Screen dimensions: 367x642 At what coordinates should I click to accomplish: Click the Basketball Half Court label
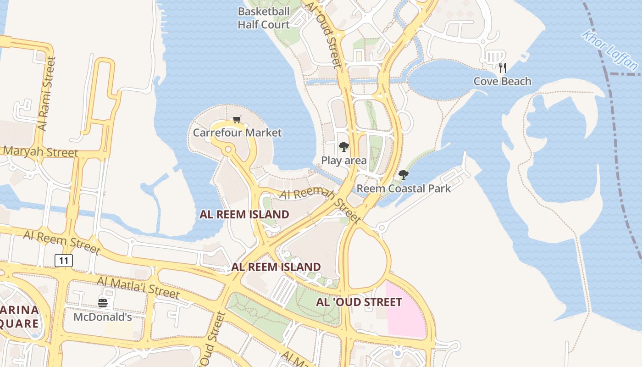(x=264, y=18)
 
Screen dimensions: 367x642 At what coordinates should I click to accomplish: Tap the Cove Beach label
(x=502, y=81)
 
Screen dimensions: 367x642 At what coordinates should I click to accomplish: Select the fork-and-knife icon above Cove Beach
(x=503, y=68)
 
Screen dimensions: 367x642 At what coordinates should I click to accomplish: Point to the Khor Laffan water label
(x=610, y=50)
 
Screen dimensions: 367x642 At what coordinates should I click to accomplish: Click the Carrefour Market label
(x=237, y=133)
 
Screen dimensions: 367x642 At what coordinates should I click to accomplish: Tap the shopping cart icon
(x=237, y=120)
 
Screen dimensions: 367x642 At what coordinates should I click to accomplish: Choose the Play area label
(x=343, y=160)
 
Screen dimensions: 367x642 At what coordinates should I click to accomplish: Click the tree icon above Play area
(x=343, y=147)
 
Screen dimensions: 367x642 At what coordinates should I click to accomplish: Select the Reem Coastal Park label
(x=404, y=188)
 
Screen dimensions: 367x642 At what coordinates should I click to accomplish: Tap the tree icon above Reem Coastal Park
(x=404, y=174)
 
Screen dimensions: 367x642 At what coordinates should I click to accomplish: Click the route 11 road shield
(x=64, y=261)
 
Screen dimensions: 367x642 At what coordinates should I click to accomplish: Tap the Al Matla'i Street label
(x=138, y=287)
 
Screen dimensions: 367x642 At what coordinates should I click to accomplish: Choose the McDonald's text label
(x=103, y=317)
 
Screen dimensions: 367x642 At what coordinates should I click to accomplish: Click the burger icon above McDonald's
(x=103, y=303)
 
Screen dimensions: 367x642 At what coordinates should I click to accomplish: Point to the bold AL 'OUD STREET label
(x=359, y=302)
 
